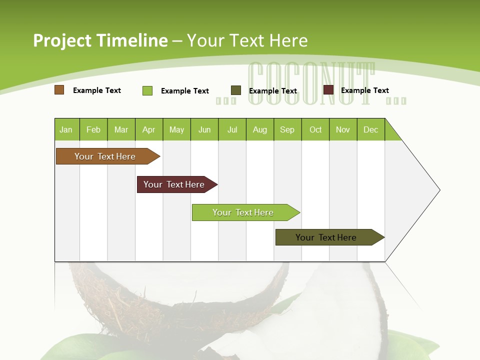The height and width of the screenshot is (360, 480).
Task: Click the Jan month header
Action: point(66,129)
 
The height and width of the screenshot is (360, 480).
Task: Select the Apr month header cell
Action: point(149,129)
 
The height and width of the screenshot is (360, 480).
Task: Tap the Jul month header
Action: point(232,129)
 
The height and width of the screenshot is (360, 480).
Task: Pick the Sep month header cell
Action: point(287,129)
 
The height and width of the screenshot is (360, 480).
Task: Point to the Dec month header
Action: point(370,129)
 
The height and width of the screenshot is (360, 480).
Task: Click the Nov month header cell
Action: point(343,129)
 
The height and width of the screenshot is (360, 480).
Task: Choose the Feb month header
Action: point(93,129)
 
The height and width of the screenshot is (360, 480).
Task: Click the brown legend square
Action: point(59,90)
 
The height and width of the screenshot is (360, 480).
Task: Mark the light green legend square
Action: point(147,90)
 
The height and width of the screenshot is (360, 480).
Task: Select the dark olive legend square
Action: point(236,90)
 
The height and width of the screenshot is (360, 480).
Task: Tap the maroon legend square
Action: point(328,90)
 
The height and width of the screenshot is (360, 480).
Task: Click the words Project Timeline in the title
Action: point(100,40)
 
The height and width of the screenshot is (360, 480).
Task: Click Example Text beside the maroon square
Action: point(364,90)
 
